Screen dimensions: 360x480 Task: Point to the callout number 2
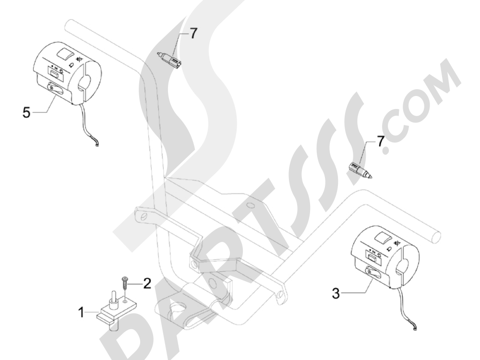click(x=147, y=283)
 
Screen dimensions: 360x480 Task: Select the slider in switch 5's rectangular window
click(x=55, y=72)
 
